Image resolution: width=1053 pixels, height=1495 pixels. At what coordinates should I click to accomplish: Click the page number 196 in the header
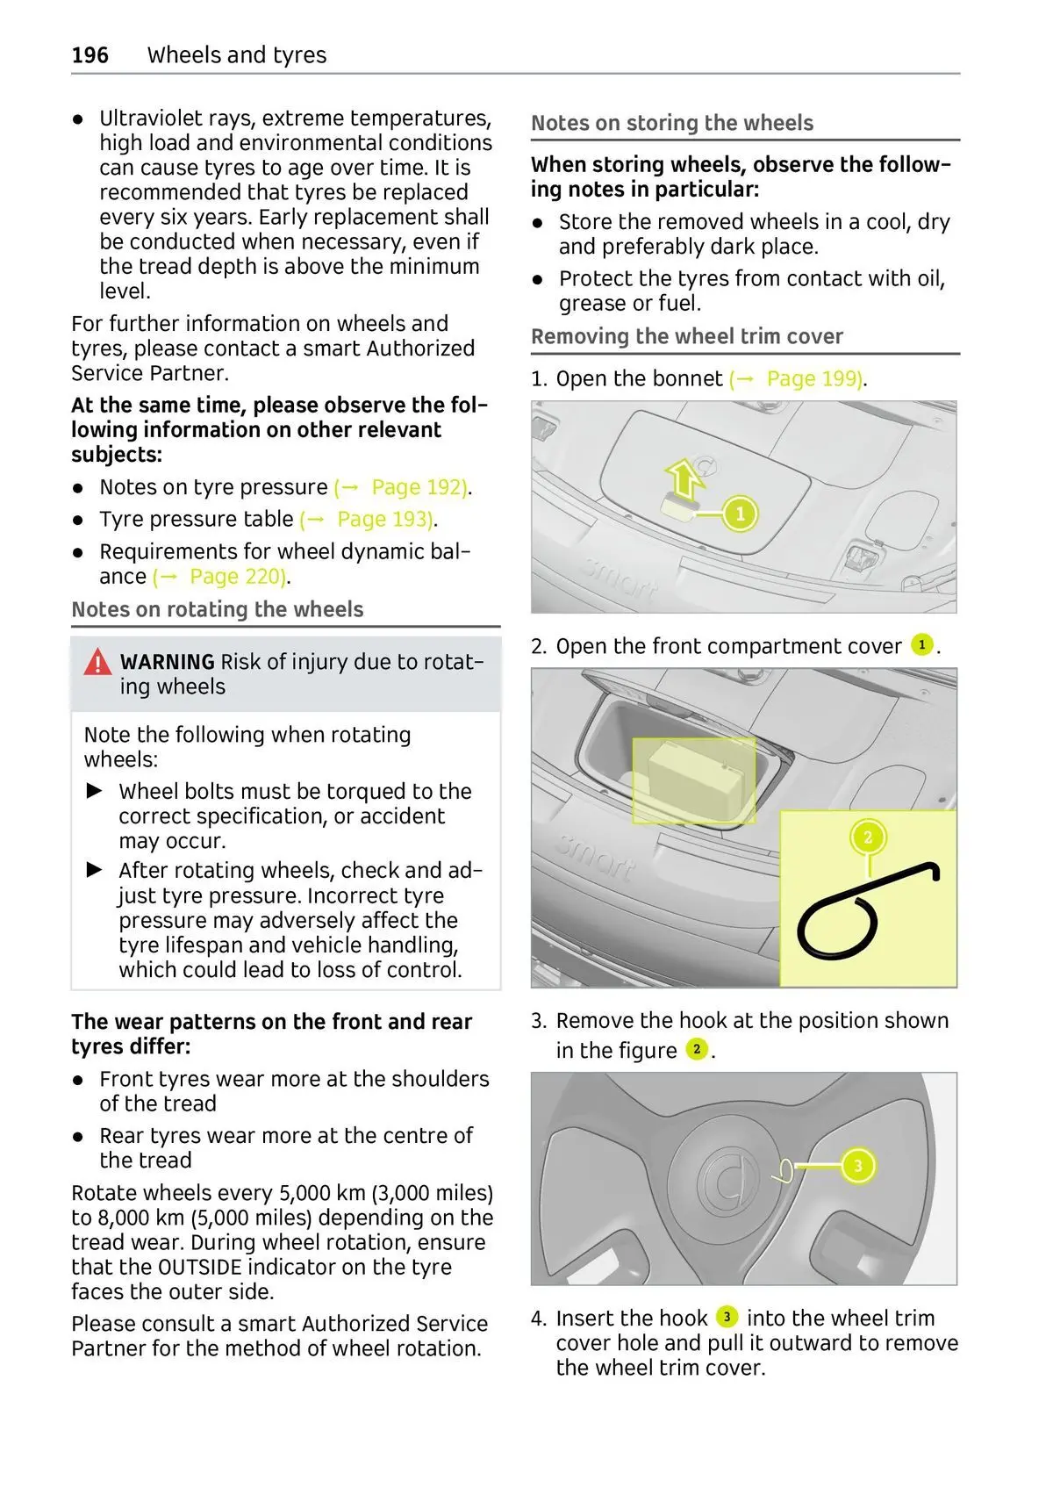pyautogui.click(x=90, y=55)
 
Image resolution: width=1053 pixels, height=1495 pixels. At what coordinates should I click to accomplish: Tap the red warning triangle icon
pyautogui.click(x=97, y=662)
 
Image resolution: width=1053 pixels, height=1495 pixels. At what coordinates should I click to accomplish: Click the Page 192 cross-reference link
pyautogui.click(x=418, y=487)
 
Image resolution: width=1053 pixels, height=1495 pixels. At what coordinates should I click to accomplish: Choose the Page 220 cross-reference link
pyautogui.click(x=236, y=577)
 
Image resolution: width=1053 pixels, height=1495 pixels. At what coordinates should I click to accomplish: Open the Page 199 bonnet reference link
pyautogui.click(x=813, y=379)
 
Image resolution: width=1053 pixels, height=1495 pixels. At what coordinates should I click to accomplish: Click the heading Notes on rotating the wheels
pyautogui.click(x=217, y=609)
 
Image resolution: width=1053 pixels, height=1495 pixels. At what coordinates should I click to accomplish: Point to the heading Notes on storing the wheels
pyautogui.click(x=672, y=123)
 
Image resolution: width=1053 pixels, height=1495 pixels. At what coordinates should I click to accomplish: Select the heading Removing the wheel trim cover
pyautogui.click(x=686, y=337)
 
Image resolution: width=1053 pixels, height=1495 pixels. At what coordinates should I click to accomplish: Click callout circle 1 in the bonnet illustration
pyautogui.click(x=740, y=514)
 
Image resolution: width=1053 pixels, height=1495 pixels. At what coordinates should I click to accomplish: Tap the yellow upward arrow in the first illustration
pyautogui.click(x=684, y=480)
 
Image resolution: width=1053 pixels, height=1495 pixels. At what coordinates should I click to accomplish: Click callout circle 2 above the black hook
pyautogui.click(x=868, y=837)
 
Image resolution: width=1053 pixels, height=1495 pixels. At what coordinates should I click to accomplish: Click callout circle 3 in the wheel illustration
pyautogui.click(x=857, y=1166)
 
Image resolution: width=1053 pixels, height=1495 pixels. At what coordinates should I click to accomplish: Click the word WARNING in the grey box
pyautogui.click(x=167, y=662)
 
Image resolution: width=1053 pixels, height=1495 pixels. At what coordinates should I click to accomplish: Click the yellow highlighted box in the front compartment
pyautogui.click(x=694, y=780)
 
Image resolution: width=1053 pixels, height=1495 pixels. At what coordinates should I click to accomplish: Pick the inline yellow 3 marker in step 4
pyautogui.click(x=727, y=1317)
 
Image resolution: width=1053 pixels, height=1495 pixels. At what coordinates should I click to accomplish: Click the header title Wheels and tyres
pyautogui.click(x=237, y=55)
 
